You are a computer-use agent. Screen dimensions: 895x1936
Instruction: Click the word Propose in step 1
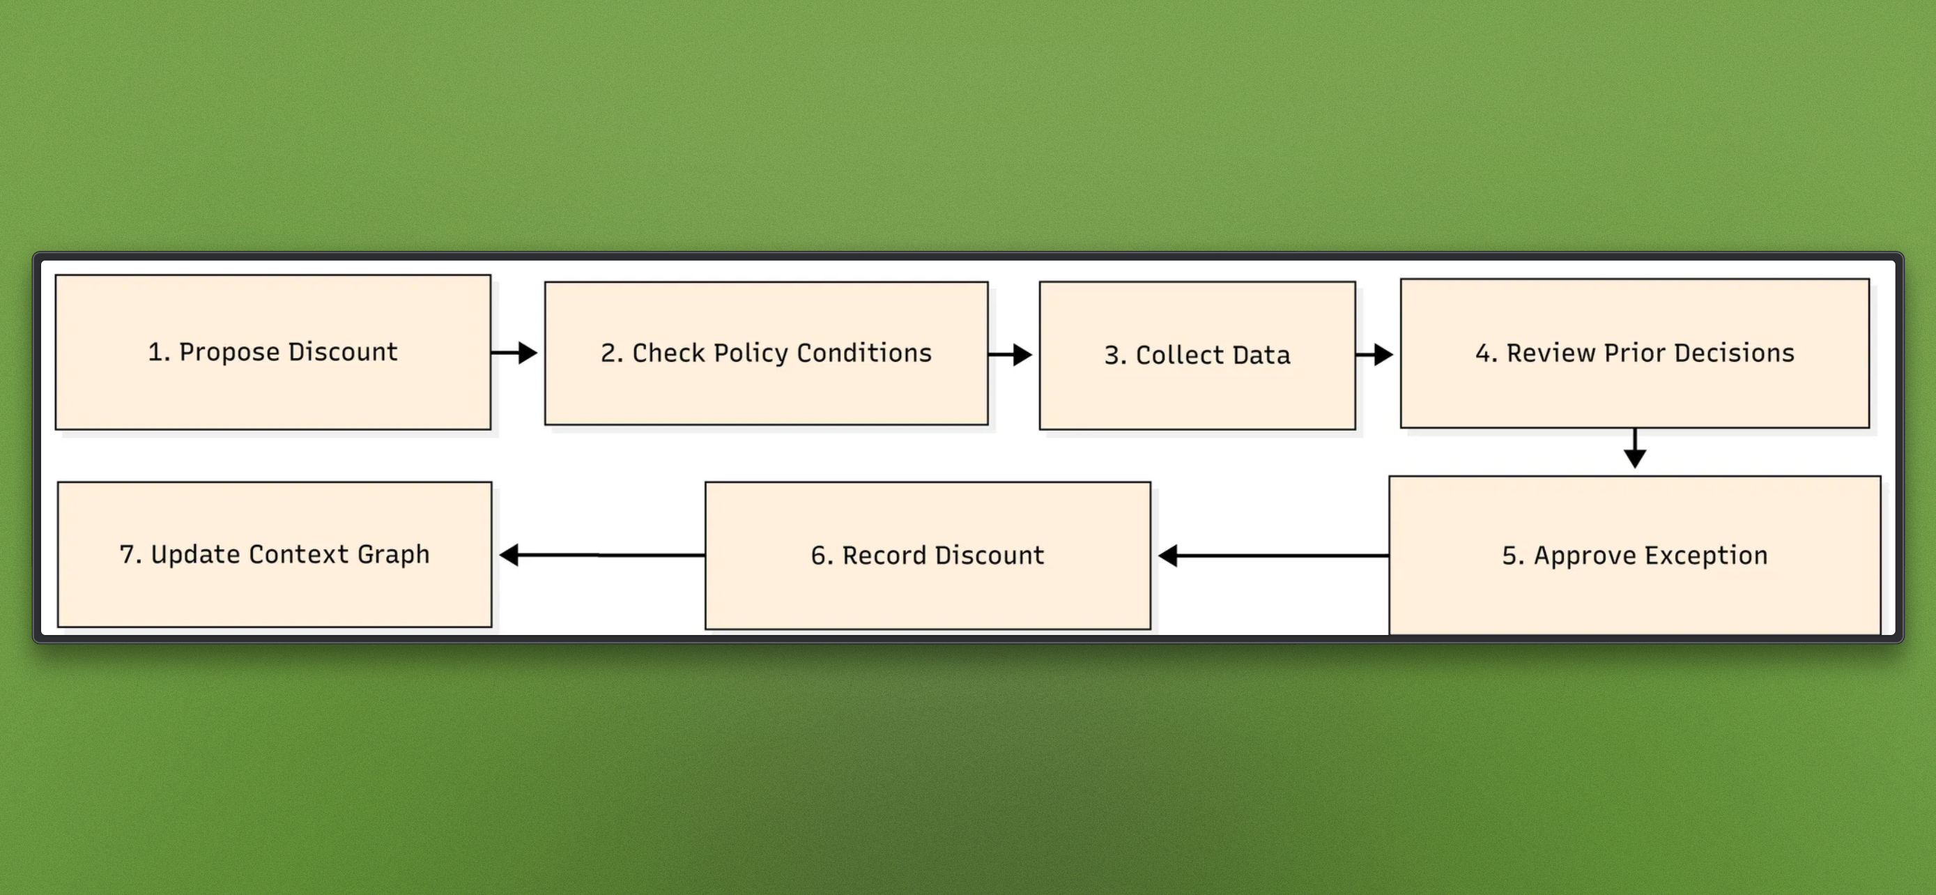pyautogui.click(x=229, y=352)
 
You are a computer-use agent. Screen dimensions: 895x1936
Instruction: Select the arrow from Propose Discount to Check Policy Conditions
pyautogui.click(x=515, y=353)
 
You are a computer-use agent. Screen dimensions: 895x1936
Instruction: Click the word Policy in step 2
pyautogui.click(x=750, y=353)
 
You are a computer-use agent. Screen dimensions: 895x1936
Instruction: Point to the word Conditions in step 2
pyautogui.click(x=863, y=353)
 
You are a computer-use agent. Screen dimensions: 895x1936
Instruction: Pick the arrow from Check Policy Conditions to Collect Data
pyautogui.click(x=1010, y=354)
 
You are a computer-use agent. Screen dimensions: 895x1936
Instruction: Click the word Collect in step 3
pyautogui.click(x=1179, y=355)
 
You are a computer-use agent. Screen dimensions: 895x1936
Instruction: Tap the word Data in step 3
pyautogui.click(x=1261, y=355)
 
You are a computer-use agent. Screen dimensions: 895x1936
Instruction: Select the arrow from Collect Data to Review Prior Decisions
pyautogui.click(x=1374, y=354)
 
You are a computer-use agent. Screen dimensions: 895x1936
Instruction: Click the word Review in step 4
pyautogui.click(x=1551, y=353)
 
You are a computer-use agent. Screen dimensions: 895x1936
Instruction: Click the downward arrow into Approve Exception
pyautogui.click(x=1635, y=450)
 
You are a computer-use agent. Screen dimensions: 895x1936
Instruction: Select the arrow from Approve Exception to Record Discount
pyautogui.click(x=1273, y=556)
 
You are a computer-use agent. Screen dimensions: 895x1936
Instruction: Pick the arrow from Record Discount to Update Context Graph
pyautogui.click(x=601, y=555)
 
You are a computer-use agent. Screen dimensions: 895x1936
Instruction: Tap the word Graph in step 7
pyautogui.click(x=393, y=555)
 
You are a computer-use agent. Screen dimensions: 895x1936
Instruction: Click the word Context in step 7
pyautogui.click(x=298, y=555)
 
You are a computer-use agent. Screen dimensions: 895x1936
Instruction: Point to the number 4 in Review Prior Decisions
pyautogui.click(x=1483, y=353)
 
